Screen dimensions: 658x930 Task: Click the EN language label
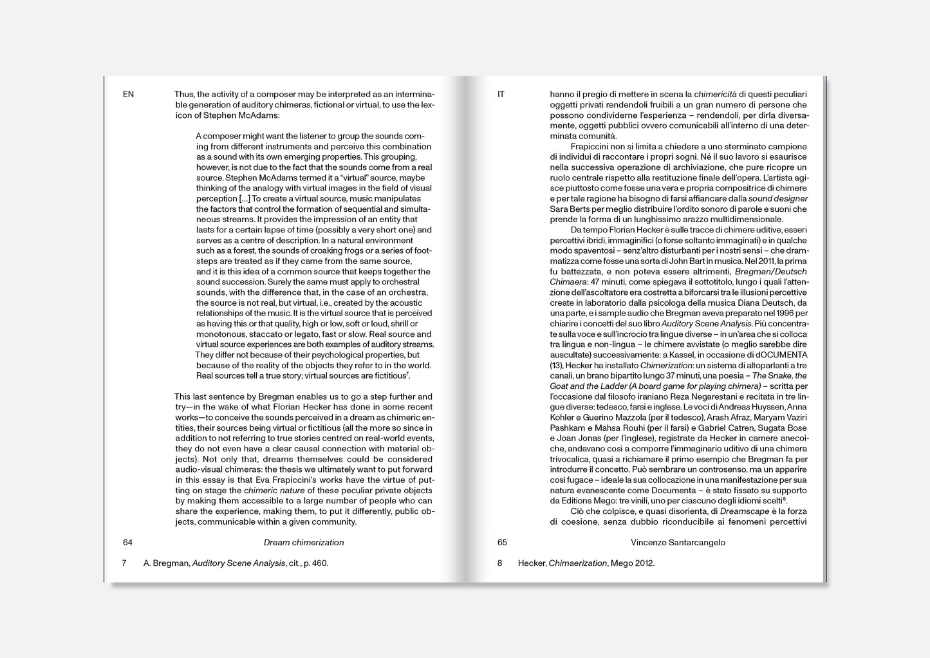128,94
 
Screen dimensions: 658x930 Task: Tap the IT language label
501,94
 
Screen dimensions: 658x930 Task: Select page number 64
127,542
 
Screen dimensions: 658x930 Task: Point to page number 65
502,542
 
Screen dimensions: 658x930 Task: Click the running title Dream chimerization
304,542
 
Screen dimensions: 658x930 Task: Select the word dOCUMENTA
779,355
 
